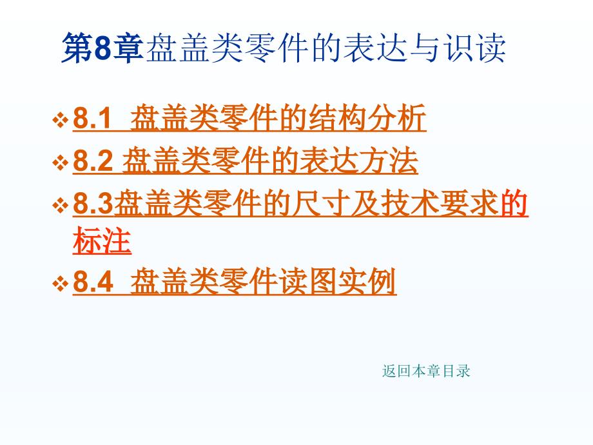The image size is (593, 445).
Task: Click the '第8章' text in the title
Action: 101,50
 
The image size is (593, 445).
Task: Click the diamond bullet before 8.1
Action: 61,121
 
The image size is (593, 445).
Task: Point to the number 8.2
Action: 93,162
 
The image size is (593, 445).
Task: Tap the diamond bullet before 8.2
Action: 61,163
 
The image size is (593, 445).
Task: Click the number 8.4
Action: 93,282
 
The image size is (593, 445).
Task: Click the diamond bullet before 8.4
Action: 61,284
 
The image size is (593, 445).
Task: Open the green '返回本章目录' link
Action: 426,371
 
